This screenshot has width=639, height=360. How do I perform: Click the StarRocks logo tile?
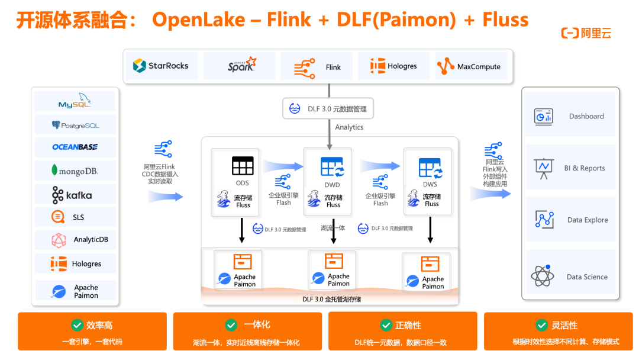point(162,66)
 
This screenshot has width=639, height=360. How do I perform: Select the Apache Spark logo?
point(242,65)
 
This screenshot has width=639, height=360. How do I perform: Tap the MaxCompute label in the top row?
point(479,66)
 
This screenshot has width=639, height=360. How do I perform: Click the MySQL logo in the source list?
point(75,101)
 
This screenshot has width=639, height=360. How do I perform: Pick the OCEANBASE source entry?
point(75,147)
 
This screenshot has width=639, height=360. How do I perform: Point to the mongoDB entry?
point(75,171)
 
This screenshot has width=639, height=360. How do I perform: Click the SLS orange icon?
point(58,217)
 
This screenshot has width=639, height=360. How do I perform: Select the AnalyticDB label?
point(91,239)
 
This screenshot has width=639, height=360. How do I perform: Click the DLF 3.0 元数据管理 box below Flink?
point(328,108)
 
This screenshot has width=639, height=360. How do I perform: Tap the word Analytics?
point(349,127)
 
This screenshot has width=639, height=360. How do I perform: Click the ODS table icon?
point(243,166)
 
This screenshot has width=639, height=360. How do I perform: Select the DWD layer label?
point(332,185)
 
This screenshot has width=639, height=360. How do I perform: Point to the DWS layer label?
point(430,184)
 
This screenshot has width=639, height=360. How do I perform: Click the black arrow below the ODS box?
point(241,230)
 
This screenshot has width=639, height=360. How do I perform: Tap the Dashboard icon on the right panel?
point(544,117)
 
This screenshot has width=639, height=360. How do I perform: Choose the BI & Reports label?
point(585,168)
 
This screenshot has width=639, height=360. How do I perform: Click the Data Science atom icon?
point(543,276)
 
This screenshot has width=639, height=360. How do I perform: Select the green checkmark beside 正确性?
point(386,325)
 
